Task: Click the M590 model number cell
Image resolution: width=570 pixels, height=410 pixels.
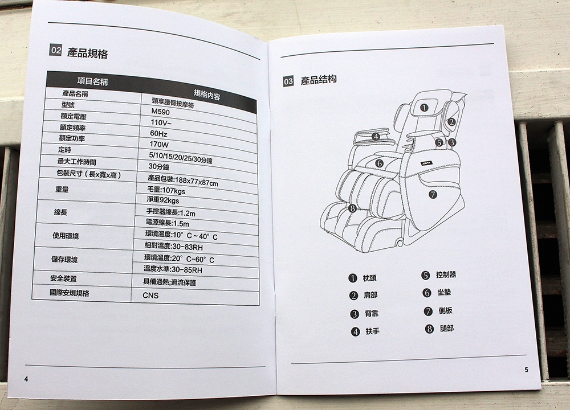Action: coord(161,112)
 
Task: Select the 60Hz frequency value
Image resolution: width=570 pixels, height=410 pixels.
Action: coord(158,134)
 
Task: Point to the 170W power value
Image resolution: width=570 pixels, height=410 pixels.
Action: coord(159,144)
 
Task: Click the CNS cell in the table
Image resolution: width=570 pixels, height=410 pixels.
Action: coord(150,295)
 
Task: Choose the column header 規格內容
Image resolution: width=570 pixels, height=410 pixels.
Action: coord(207,95)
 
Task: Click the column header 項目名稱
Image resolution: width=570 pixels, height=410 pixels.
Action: coord(92,81)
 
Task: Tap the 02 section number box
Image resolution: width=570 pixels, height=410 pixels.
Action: coord(56,50)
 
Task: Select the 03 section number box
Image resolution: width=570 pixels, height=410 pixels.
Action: coord(288,81)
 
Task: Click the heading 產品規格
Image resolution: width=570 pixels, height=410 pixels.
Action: coord(87,54)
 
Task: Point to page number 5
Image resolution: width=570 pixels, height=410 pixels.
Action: coord(526,370)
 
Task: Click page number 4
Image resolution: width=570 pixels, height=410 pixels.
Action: coord(26,379)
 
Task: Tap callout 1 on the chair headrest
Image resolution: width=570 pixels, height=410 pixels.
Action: coord(424,108)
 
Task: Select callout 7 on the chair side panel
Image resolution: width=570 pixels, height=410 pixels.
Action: coord(433,195)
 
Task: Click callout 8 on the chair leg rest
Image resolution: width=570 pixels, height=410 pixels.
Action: coord(352,208)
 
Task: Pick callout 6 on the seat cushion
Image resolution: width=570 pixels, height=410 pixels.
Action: coord(379,163)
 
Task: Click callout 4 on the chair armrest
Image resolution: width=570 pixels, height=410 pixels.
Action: coord(376,137)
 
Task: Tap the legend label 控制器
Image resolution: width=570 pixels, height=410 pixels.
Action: coord(446,274)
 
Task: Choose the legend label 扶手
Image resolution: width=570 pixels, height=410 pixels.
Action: coord(372,331)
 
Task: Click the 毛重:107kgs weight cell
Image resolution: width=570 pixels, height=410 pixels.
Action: coord(166,190)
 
